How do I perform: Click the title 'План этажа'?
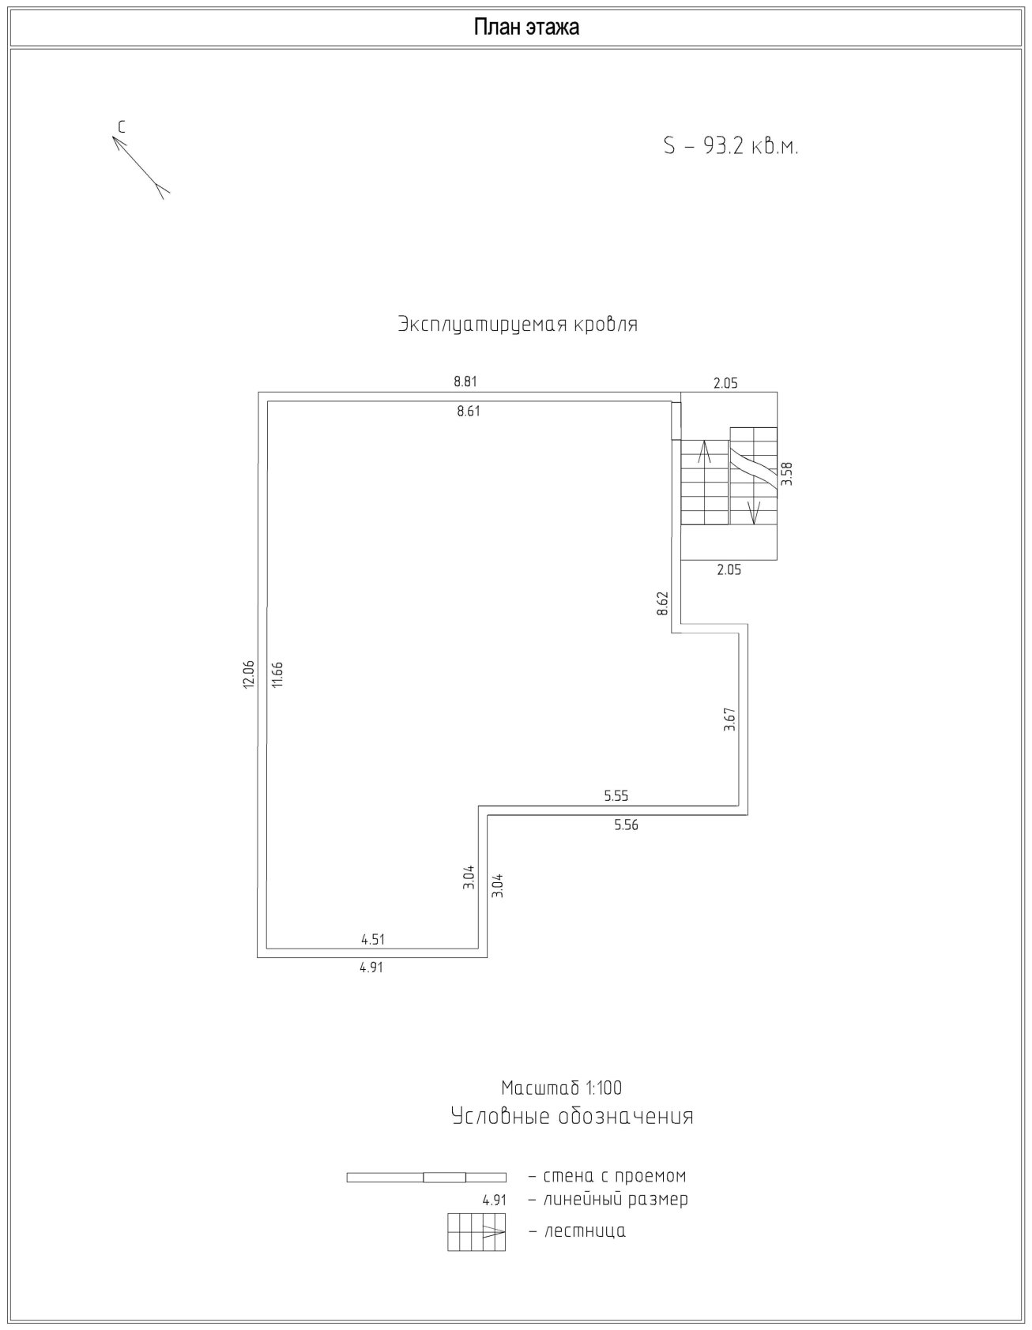(x=526, y=28)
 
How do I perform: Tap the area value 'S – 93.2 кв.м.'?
(x=731, y=146)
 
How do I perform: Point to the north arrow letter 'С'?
(x=122, y=126)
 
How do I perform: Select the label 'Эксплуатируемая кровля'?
(x=518, y=325)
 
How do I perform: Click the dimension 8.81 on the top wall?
(x=465, y=381)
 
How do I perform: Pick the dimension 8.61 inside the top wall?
(x=469, y=411)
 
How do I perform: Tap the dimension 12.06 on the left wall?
(x=249, y=674)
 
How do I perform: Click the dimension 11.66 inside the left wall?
(x=277, y=674)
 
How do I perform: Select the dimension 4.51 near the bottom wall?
(x=373, y=939)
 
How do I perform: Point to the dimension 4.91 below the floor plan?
(x=371, y=967)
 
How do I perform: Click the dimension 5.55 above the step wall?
(x=616, y=796)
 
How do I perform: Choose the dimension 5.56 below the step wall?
(x=626, y=825)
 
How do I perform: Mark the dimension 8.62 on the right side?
(x=662, y=604)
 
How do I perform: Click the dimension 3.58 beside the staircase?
(x=786, y=473)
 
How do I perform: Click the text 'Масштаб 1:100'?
(x=562, y=1088)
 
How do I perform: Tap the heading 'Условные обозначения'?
(x=572, y=1116)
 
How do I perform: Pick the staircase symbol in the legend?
(x=476, y=1232)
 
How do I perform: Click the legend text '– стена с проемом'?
(x=607, y=1176)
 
